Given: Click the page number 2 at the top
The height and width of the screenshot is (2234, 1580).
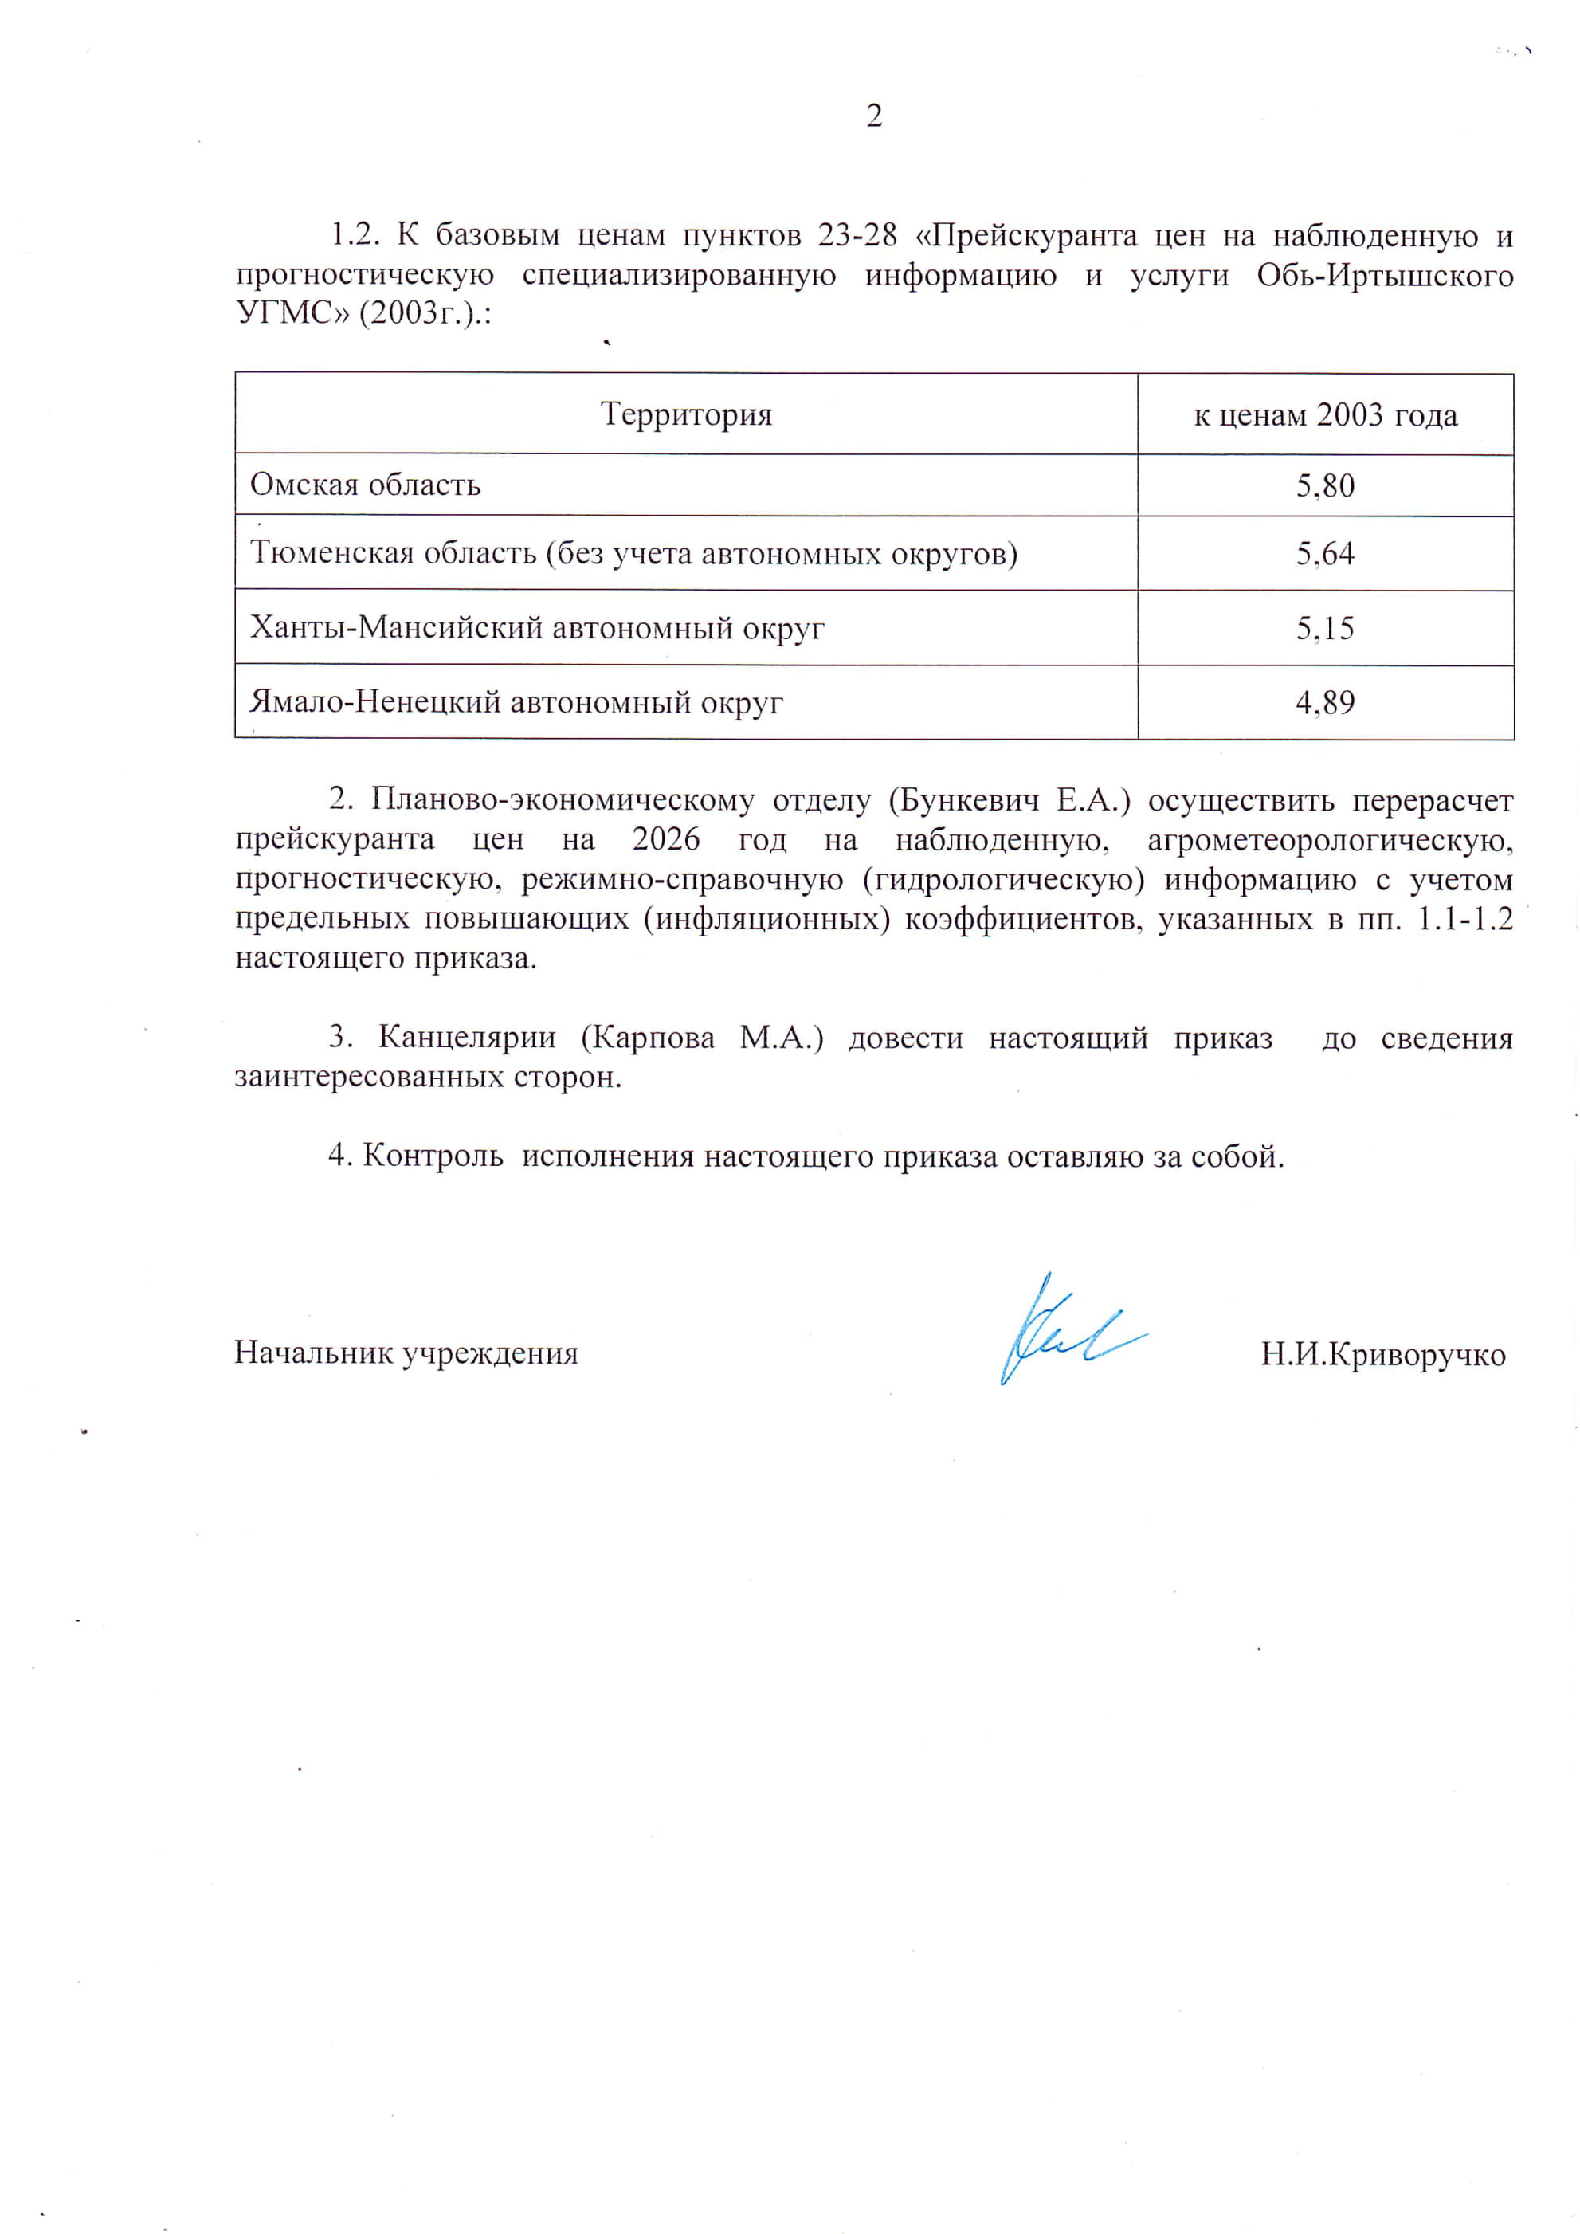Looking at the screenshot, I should [x=874, y=116].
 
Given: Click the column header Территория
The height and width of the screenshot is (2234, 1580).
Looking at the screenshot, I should [x=686, y=414].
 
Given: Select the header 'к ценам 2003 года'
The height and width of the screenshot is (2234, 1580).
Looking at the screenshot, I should [x=1325, y=415].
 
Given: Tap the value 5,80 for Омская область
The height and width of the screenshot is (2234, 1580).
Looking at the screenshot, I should [x=1325, y=485].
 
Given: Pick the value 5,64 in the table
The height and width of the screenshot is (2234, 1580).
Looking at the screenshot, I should [x=1325, y=554].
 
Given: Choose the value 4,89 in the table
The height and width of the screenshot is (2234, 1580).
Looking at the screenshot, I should [x=1325, y=702].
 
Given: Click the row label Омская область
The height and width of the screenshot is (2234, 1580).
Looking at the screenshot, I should [x=366, y=485].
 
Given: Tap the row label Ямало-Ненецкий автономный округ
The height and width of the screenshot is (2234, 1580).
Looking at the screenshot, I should [x=516, y=702].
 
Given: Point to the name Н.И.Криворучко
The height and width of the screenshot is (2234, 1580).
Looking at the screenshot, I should [x=1382, y=1354].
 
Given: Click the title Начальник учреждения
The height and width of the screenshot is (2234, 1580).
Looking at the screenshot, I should [x=406, y=1353].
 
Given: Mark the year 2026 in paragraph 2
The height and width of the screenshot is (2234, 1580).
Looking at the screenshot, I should [x=665, y=838].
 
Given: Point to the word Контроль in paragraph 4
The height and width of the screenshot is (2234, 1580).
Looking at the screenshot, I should [x=433, y=1156].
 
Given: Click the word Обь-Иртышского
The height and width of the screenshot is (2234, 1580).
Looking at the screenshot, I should [x=1385, y=275].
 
